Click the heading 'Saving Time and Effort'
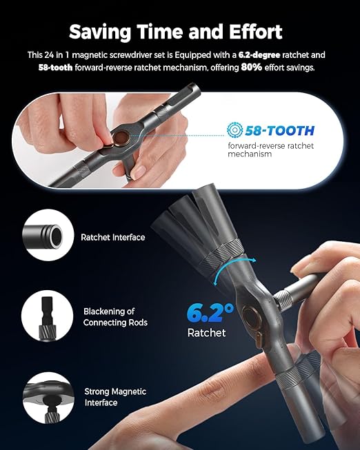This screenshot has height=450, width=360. (179, 31)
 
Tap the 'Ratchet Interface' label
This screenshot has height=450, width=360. (113, 238)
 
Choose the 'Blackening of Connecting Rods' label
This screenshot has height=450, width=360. (115, 317)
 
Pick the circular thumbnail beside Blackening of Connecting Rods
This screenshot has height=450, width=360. (49, 318)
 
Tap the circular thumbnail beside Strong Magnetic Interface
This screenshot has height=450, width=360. (49, 398)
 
